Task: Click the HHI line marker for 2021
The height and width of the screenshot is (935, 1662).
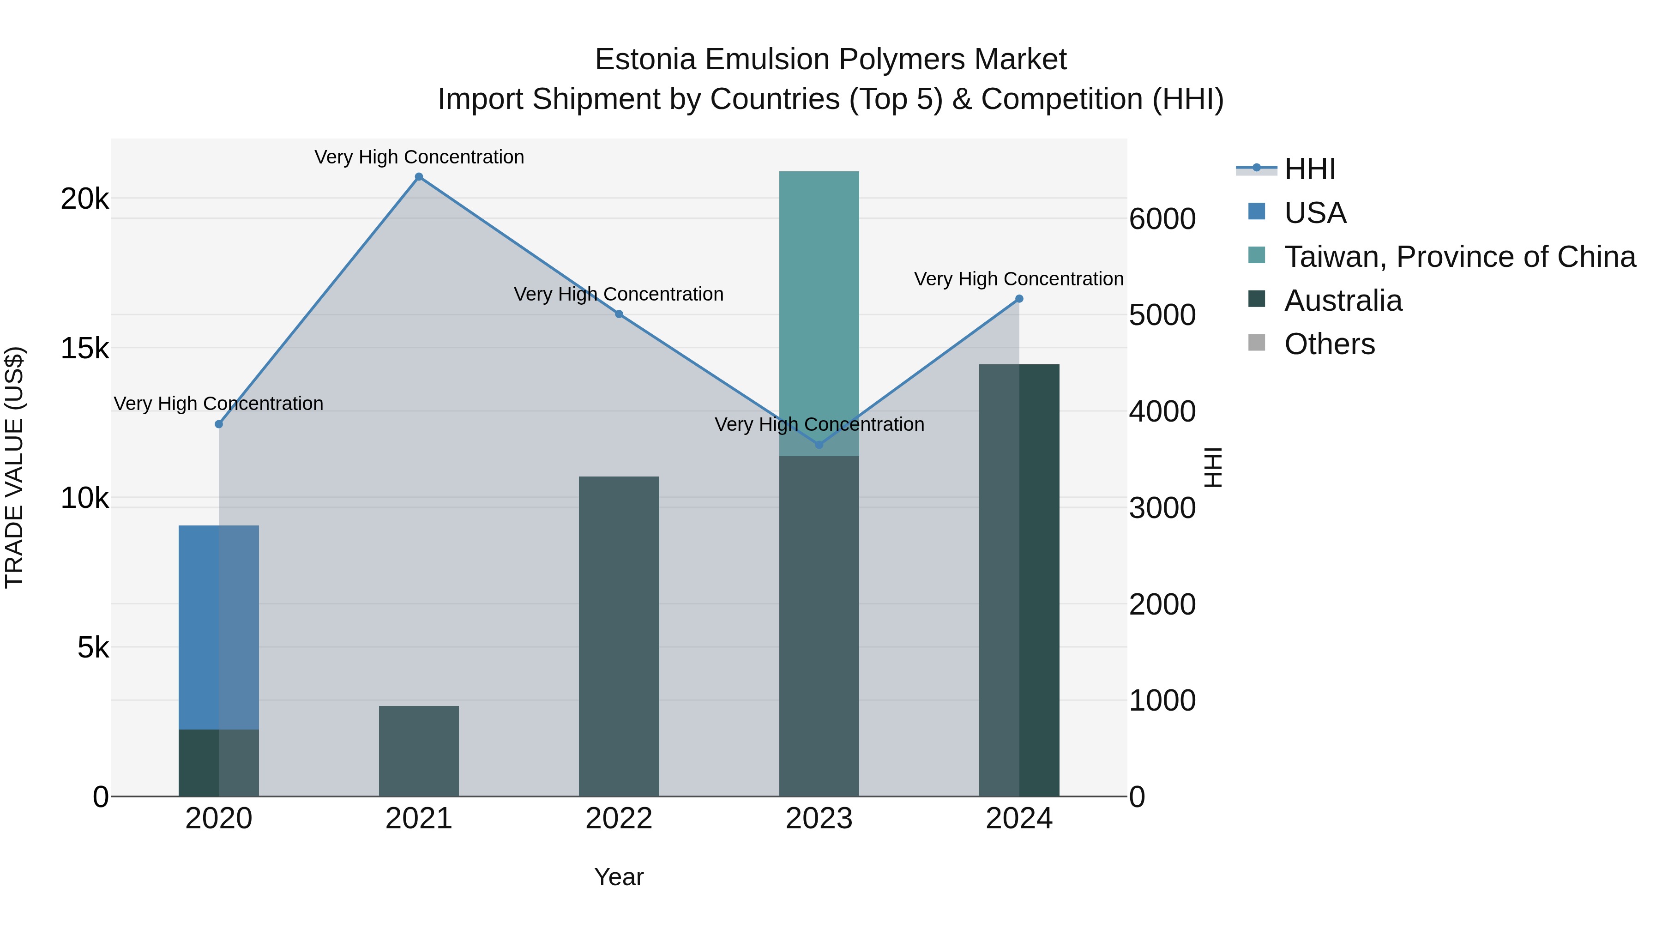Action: tap(419, 177)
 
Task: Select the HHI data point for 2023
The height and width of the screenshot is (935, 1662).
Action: tap(819, 445)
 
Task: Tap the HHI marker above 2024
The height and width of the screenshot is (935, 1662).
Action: tap(1019, 299)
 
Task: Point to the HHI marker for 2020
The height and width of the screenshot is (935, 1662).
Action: tap(219, 424)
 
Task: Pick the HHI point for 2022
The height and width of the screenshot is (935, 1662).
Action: tap(619, 314)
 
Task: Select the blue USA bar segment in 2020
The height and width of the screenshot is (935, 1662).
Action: tap(219, 626)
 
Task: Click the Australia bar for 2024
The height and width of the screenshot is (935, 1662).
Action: tap(1019, 581)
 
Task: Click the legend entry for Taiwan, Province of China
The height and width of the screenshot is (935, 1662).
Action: tap(1459, 257)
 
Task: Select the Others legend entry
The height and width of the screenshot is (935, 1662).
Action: tap(1329, 344)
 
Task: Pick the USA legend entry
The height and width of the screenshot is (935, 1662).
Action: tap(1315, 213)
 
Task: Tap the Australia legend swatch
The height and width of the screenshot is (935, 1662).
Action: tap(1256, 299)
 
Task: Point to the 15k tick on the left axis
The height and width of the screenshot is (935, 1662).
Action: tap(84, 349)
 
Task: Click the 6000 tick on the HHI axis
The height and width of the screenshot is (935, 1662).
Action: tap(1162, 219)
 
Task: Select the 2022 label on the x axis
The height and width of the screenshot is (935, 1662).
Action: tap(619, 819)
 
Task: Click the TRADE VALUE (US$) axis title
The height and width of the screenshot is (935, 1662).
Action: tap(14, 467)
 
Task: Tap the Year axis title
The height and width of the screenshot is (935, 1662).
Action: tap(619, 877)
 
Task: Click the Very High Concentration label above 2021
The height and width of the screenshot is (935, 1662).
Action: tap(419, 157)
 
